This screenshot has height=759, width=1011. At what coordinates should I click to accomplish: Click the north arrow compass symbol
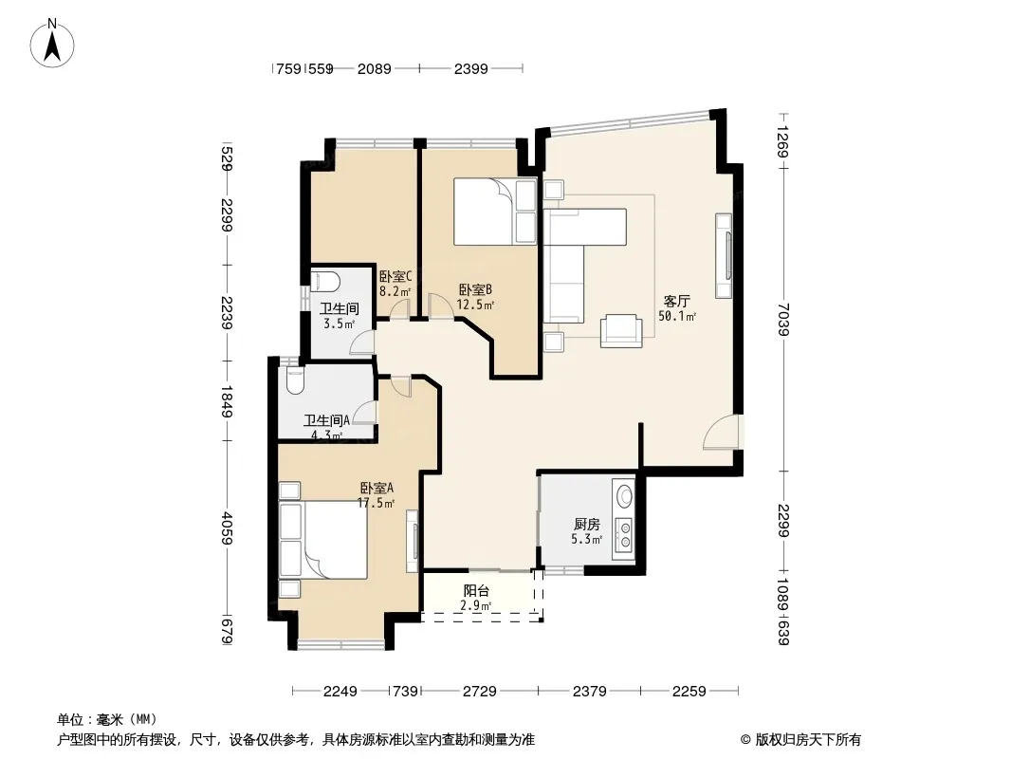pyautogui.click(x=52, y=43)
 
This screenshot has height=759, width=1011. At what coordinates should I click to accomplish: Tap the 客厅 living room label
pyautogui.click(x=677, y=301)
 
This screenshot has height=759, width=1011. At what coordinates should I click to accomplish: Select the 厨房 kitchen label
pyautogui.click(x=587, y=525)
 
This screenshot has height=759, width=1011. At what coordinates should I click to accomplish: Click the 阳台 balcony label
pyautogui.click(x=476, y=591)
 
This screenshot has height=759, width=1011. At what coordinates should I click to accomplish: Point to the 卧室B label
pyautogui.click(x=476, y=290)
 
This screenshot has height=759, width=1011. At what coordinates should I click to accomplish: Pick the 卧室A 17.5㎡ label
pyautogui.click(x=377, y=495)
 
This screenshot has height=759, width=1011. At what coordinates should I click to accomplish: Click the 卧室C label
pyautogui.click(x=395, y=277)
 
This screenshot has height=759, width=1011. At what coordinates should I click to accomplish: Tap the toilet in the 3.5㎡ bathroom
pyautogui.click(x=325, y=281)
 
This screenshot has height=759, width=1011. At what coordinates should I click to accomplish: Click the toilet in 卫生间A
pyautogui.click(x=295, y=380)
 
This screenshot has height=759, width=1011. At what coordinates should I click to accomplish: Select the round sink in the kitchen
pyautogui.click(x=624, y=495)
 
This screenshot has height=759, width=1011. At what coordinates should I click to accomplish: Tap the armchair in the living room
pyautogui.click(x=621, y=331)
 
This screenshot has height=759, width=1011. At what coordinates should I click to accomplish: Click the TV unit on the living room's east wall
pyautogui.click(x=724, y=256)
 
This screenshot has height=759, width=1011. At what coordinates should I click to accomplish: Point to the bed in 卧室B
pyautogui.click(x=495, y=212)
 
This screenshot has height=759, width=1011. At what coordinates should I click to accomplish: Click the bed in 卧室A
pyautogui.click(x=323, y=540)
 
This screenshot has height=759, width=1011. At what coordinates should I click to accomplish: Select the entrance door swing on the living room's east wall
pyautogui.click(x=723, y=432)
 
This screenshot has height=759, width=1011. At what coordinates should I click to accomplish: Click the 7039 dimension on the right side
pyautogui.click(x=783, y=319)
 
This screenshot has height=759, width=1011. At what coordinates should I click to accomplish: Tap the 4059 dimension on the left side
pyautogui.click(x=227, y=528)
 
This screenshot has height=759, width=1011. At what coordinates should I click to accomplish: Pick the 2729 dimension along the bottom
pyautogui.click(x=480, y=692)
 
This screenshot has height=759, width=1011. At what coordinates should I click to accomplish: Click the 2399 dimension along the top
pyautogui.click(x=471, y=68)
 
